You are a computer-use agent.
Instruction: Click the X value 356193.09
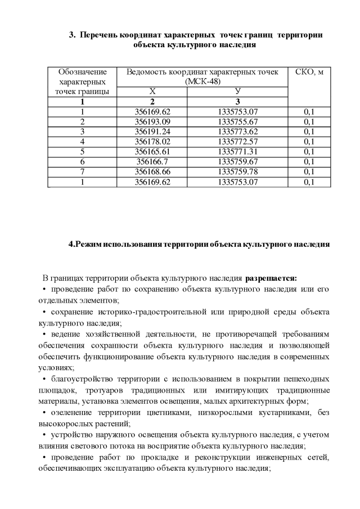(152, 121)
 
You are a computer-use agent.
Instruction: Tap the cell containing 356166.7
(152, 161)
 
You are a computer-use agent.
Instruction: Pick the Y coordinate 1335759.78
(237, 172)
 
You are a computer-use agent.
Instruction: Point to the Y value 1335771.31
(237, 151)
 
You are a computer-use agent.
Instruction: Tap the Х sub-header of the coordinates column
(152, 92)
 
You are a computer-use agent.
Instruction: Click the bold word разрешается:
(274, 278)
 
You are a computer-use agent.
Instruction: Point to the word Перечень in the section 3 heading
(100, 35)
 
